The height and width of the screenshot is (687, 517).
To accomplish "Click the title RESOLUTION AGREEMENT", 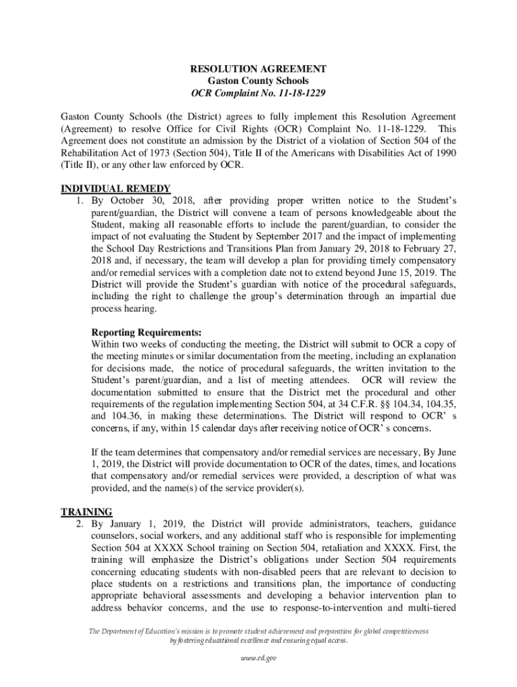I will point(258,69).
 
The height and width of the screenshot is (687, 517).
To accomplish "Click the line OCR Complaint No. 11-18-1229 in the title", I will point(258,93).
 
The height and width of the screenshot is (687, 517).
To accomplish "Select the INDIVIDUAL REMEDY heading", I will point(115,189).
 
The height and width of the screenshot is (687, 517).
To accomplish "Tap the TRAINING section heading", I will point(87,512).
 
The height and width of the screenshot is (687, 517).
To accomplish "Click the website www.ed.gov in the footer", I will point(258,658).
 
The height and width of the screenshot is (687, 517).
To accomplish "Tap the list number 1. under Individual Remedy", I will point(79,201).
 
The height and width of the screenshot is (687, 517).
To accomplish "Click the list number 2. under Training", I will point(79,524).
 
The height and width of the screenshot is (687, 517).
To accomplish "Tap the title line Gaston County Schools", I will point(258,81).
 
